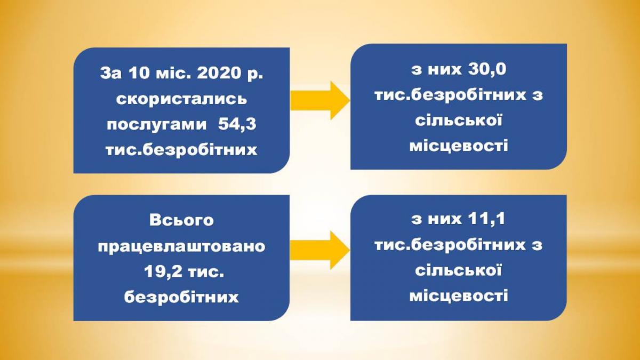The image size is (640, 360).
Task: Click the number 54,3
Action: pyautogui.click(x=237, y=125)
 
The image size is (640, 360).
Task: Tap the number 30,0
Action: pyautogui.click(x=487, y=69)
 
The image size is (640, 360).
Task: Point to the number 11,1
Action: pyautogui.click(x=486, y=219)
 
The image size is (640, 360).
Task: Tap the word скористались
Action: pyautogui.click(x=182, y=99)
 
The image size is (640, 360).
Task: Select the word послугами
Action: pyautogui.click(x=157, y=125)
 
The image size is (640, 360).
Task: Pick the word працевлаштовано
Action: pyautogui.click(x=182, y=246)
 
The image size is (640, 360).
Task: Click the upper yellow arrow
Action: pyautogui.click(x=320, y=100)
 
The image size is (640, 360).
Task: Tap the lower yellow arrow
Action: pyautogui.click(x=320, y=250)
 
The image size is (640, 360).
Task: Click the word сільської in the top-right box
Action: pyautogui.click(x=459, y=120)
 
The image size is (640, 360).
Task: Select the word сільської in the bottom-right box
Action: pyautogui.click(x=459, y=270)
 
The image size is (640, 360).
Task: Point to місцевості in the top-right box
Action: pyautogui.click(x=459, y=146)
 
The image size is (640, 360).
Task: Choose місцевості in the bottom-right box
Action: pyautogui.click(x=459, y=295)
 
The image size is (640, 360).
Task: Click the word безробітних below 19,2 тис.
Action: pyautogui.click(x=181, y=297)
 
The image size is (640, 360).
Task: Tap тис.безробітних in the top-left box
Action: pyautogui.click(x=181, y=150)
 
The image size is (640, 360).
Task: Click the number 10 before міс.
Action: pyautogui.click(x=139, y=74)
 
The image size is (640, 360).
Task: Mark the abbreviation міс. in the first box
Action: pyautogui.click(x=174, y=74)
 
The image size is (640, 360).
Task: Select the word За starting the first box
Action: pyautogui.click(x=111, y=74)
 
